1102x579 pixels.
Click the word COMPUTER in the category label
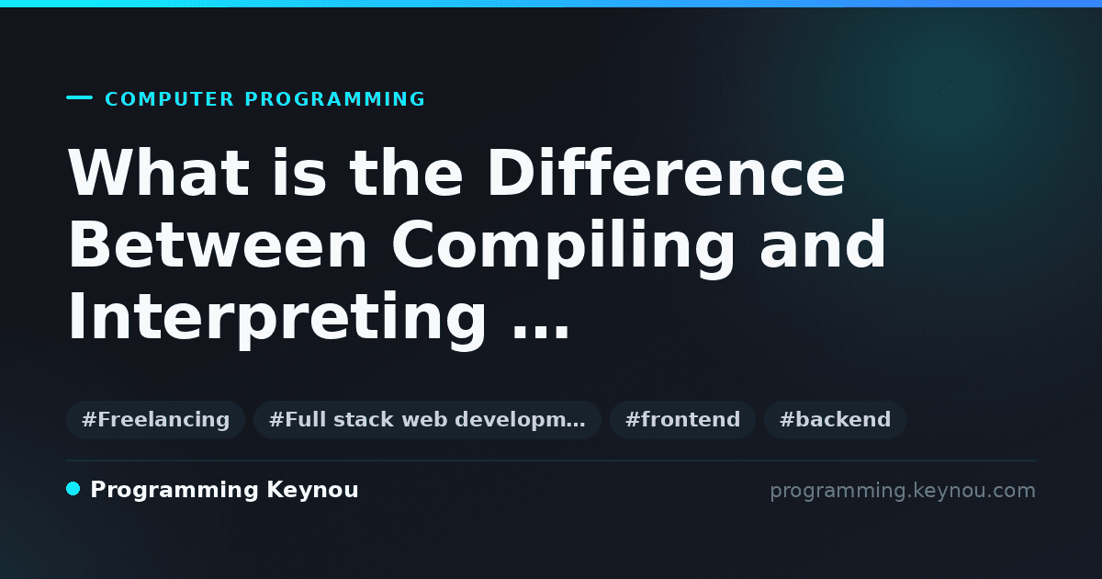click(x=169, y=99)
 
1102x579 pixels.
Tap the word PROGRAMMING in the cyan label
click(x=334, y=99)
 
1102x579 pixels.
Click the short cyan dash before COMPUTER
click(x=79, y=97)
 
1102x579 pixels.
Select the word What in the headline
click(x=158, y=173)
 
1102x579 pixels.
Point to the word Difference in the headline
click(x=666, y=173)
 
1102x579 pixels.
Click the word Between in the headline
click(x=218, y=244)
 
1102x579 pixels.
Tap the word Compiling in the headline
click(x=563, y=248)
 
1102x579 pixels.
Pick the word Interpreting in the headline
click(x=277, y=320)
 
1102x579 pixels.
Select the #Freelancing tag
click(x=155, y=419)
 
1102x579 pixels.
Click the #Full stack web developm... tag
click(x=427, y=419)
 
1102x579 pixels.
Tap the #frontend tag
click(x=682, y=419)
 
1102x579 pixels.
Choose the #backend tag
click(x=835, y=419)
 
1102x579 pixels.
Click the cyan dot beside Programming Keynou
click(x=73, y=489)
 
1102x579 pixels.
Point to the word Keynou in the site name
click(x=312, y=491)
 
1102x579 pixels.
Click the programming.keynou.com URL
click(x=903, y=492)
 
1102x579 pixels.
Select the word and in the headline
click(x=822, y=244)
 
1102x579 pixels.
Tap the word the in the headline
click(x=406, y=173)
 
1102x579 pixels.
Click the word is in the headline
click(x=299, y=173)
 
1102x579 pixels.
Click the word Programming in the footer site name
click(x=174, y=491)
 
